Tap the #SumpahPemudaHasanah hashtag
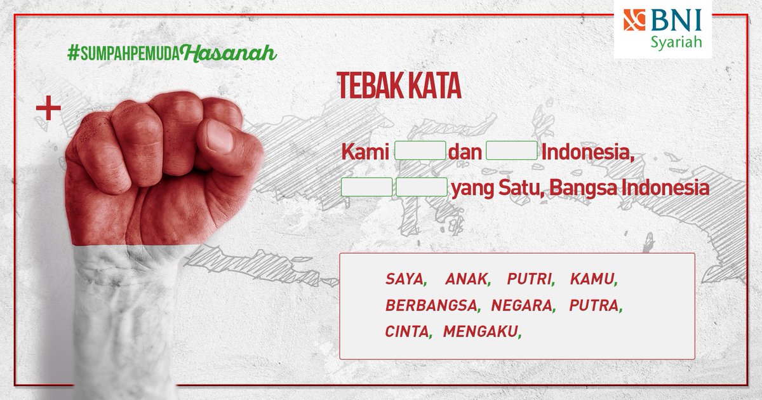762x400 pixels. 171,54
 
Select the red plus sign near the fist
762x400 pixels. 48,109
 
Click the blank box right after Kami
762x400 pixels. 420,152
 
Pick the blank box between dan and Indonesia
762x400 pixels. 512,152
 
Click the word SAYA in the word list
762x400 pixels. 404,279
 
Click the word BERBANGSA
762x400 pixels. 431,305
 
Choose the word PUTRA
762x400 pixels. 594,305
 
